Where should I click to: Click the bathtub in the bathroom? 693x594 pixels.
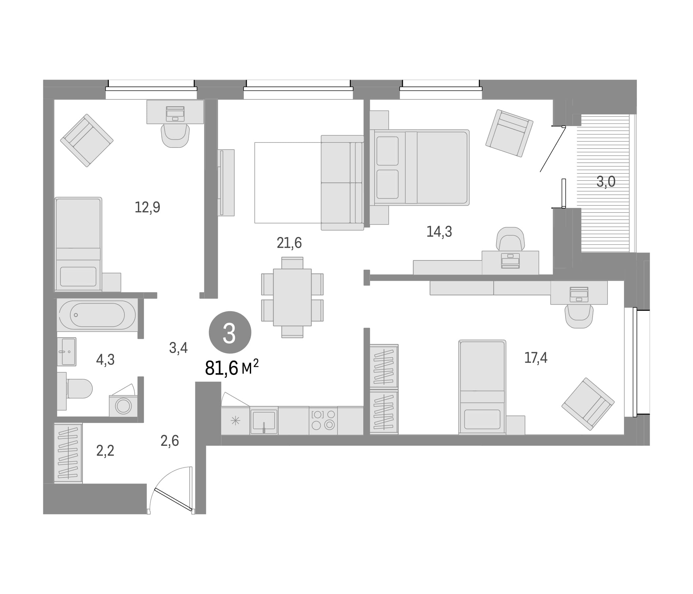[97, 315]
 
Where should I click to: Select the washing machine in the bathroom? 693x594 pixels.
[123, 406]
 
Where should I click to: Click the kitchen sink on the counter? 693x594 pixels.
[264, 420]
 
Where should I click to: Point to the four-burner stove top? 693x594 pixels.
[323, 420]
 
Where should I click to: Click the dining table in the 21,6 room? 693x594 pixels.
[292, 297]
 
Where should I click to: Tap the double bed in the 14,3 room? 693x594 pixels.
[419, 167]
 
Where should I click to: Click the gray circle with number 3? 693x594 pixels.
[230, 332]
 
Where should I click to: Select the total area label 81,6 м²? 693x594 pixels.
[232, 368]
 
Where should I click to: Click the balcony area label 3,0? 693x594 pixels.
[606, 182]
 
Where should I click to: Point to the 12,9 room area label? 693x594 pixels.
[148, 207]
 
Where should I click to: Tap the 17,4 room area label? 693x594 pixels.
[536, 358]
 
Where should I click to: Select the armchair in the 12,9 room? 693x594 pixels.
[86, 141]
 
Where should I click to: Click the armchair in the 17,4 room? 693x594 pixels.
[588, 404]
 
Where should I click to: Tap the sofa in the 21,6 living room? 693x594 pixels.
[343, 182]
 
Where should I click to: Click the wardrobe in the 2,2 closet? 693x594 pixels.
[68, 453]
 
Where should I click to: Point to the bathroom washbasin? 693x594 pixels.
[67, 351]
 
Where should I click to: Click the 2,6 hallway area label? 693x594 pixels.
[170, 441]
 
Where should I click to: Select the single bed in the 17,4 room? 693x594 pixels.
[482, 387]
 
